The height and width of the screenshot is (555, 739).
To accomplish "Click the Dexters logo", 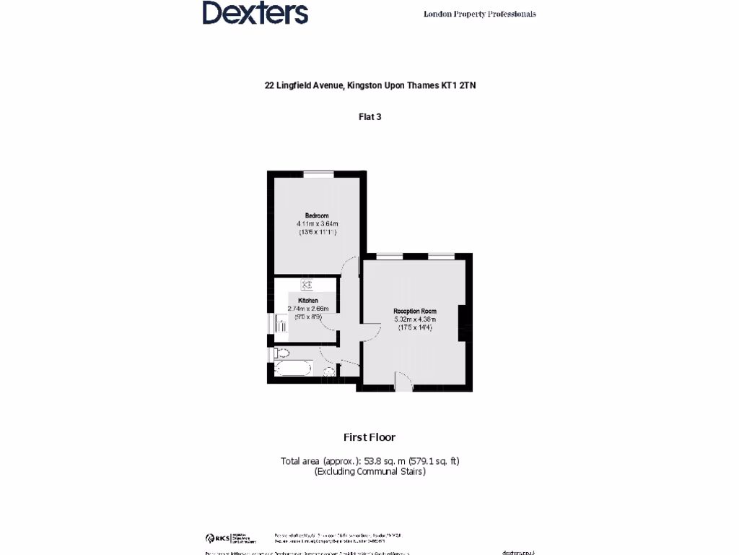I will click(x=255, y=13).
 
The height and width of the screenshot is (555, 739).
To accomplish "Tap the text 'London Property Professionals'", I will click(x=479, y=14).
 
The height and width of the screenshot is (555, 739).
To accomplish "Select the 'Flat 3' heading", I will click(x=369, y=116).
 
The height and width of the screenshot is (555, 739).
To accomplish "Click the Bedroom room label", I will click(x=317, y=216).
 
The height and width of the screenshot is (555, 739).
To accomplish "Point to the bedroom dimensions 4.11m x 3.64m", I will click(x=317, y=224).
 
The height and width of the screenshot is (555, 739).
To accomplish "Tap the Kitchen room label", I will click(x=308, y=301).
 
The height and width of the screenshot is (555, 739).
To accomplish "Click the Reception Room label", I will click(x=415, y=311).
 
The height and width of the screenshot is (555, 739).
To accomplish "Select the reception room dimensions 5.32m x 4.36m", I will click(x=415, y=319).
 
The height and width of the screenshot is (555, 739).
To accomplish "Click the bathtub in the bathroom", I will click(x=293, y=369).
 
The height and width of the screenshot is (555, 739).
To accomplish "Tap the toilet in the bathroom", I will click(x=281, y=353).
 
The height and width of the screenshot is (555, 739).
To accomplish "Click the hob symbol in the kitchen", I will click(x=306, y=285).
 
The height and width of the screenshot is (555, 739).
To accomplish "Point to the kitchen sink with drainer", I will click(x=281, y=327).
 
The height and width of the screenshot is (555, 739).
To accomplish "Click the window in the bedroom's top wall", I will click(x=318, y=173).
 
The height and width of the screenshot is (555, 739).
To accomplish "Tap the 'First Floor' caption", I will click(x=369, y=437).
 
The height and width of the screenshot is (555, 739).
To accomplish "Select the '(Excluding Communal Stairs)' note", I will click(x=369, y=471).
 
